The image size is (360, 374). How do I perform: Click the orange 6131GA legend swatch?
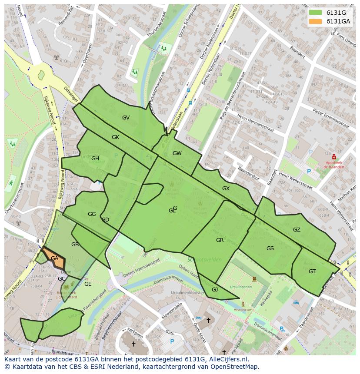316,21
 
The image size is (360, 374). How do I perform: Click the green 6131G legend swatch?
316,13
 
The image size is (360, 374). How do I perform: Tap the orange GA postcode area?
54,258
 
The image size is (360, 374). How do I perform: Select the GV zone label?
126,118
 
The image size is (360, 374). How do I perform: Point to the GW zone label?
177,153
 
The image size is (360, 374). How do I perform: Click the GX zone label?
226,189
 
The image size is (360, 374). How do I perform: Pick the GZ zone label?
297,230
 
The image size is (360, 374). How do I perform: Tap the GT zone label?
312,271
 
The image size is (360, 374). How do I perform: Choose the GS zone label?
270,248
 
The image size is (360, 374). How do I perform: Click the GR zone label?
220,240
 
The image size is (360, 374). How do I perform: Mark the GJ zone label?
215,290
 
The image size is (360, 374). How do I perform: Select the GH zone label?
95,159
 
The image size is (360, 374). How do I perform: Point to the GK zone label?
115,137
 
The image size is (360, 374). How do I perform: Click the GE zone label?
88,284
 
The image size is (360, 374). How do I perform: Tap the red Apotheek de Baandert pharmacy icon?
333,157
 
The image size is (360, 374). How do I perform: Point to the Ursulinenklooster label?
188,293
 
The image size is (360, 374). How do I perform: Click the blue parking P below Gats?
172,342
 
